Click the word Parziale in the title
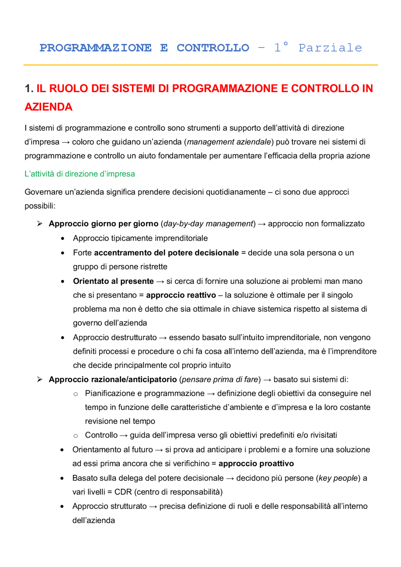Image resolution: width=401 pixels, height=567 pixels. pos(330,48)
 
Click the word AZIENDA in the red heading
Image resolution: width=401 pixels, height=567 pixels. pos(49,107)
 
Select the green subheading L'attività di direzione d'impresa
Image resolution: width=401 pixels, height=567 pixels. pos(80,174)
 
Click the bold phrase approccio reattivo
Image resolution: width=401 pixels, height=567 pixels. pos(181,295)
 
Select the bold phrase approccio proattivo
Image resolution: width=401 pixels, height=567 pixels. pos(256,464)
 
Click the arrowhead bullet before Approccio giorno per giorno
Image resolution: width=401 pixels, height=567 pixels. pos(40,224)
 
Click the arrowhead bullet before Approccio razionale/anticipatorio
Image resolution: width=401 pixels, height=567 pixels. pos(40,379)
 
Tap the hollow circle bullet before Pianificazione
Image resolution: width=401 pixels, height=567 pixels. pos(76,394)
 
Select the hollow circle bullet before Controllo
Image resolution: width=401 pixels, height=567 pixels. pos(76,436)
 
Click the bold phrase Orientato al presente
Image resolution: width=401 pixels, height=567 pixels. pos(113,281)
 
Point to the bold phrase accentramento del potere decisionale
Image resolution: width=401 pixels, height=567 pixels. pos(166,253)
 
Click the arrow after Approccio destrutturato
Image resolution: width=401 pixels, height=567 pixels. pos(163,338)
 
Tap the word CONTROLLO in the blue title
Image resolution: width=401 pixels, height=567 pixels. pos(213,48)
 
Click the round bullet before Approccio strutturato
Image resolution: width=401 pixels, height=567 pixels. pos(62,507)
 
